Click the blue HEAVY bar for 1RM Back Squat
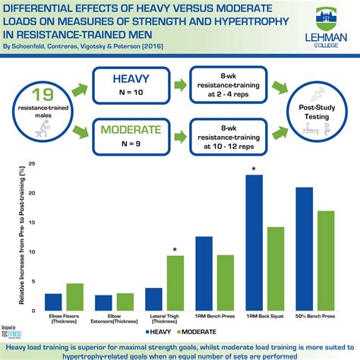pos(255,243)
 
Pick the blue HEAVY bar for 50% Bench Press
pos(304,248)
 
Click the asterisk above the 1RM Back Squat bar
pos(254,169)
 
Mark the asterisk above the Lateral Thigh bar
pos(175,249)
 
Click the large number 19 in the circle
pos(42,94)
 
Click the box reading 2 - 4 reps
pos(227,87)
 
